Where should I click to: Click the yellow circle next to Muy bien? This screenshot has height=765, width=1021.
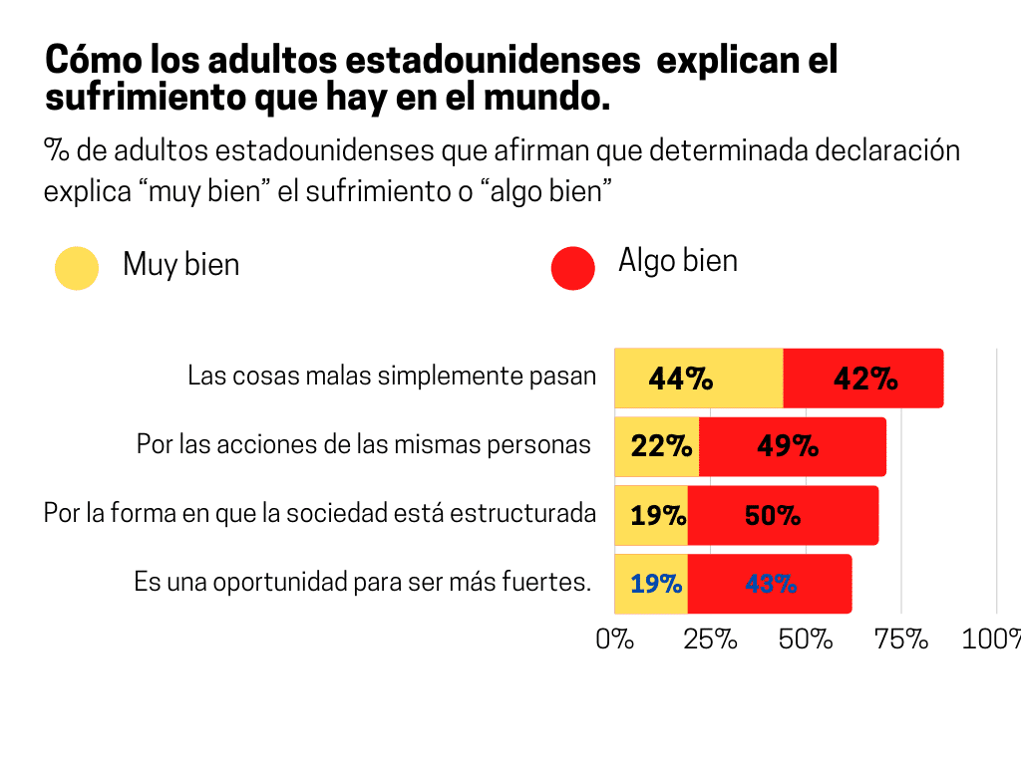click(x=77, y=268)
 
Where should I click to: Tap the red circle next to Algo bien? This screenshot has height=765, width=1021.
click(x=572, y=268)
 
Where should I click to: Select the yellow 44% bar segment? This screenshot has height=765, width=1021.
click(x=698, y=379)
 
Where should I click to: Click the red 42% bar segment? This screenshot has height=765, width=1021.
click(x=863, y=379)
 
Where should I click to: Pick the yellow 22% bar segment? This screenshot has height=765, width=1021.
click(x=657, y=446)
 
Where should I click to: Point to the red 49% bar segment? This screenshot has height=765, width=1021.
click(x=793, y=446)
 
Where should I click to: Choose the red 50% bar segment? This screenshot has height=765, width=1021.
click(x=783, y=515)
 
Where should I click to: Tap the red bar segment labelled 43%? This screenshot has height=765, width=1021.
click(x=770, y=584)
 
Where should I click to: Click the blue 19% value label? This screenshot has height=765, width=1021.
click(x=656, y=585)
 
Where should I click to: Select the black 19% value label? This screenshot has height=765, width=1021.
click(x=658, y=516)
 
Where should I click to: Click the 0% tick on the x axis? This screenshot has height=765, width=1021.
click(x=615, y=639)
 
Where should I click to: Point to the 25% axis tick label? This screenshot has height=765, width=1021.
click(x=710, y=639)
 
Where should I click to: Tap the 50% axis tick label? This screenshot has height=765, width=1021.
click(x=806, y=639)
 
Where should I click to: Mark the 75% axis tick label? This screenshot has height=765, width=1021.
click(x=901, y=639)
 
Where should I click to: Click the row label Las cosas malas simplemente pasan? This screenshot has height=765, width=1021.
click(x=392, y=377)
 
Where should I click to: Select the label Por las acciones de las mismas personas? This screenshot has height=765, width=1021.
click(x=364, y=444)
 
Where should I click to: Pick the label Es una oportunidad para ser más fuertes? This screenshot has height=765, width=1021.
click(x=363, y=582)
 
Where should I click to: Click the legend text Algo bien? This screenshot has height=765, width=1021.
click(x=678, y=261)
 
